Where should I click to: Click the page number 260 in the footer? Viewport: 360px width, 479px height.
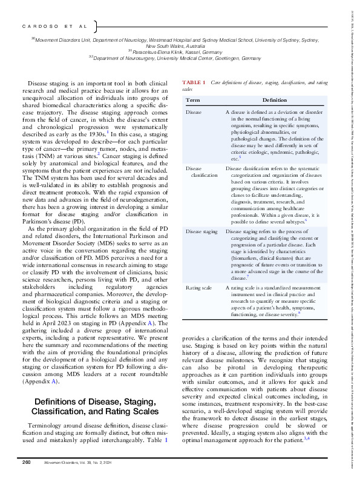click(x=26, y=463)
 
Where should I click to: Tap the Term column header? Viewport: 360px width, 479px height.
click(x=192, y=99)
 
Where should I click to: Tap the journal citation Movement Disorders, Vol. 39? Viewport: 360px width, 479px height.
click(x=78, y=463)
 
